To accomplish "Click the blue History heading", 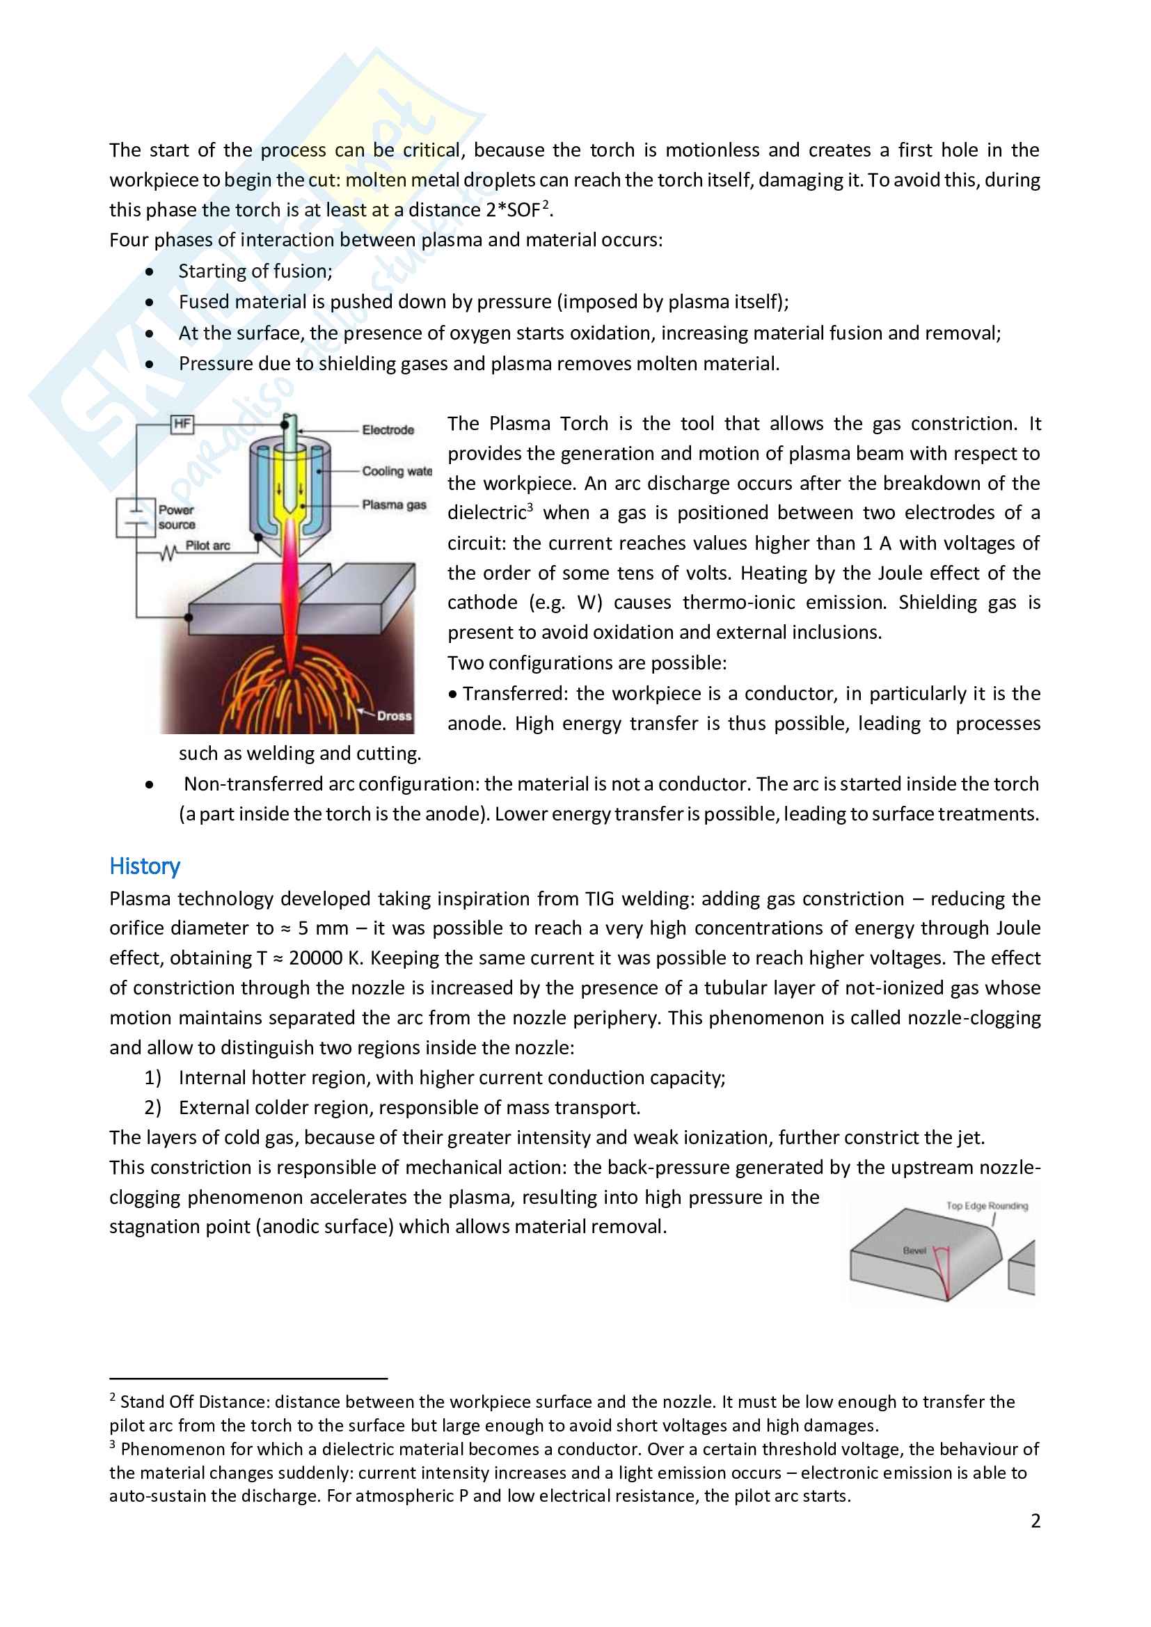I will (x=145, y=866).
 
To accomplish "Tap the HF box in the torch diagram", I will (x=182, y=424).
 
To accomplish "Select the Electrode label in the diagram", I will (x=388, y=430).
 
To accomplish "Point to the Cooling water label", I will (x=396, y=471).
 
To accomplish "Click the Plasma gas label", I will (x=394, y=505).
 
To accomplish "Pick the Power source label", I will (x=177, y=517).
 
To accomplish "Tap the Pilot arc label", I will (x=207, y=546).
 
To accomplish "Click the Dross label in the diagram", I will (x=394, y=715).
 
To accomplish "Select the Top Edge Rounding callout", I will (x=987, y=1206).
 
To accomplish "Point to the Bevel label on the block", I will (x=914, y=1251).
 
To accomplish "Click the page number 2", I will (x=1035, y=1521).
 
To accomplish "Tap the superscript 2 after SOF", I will (x=546, y=204).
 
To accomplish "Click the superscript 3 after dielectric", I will (x=530, y=507).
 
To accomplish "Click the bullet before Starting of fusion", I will (x=150, y=272).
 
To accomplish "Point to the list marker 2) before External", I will (x=153, y=1108).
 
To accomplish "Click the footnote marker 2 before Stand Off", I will (x=113, y=1397).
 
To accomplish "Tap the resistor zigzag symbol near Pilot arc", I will (x=168, y=553).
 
